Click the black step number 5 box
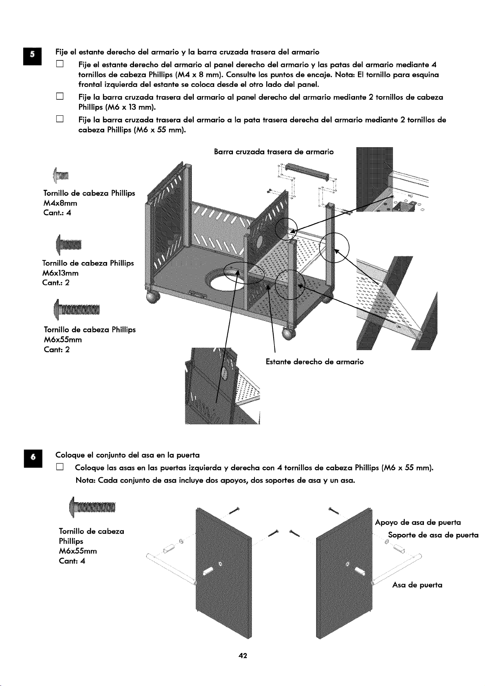click(33, 56)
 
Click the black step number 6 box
click(33, 459)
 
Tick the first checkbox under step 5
click(60, 64)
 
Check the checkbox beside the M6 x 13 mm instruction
click(60, 97)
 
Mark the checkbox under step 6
click(60, 468)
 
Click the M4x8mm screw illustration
click(61, 176)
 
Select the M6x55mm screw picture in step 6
click(92, 508)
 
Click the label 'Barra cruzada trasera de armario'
click(274, 152)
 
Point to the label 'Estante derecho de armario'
click(314, 362)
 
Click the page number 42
click(243, 655)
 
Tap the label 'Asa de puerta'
click(417, 585)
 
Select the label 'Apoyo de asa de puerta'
click(418, 523)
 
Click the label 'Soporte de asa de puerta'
click(433, 535)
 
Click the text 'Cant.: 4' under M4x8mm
click(57, 213)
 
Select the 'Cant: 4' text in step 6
click(72, 561)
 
